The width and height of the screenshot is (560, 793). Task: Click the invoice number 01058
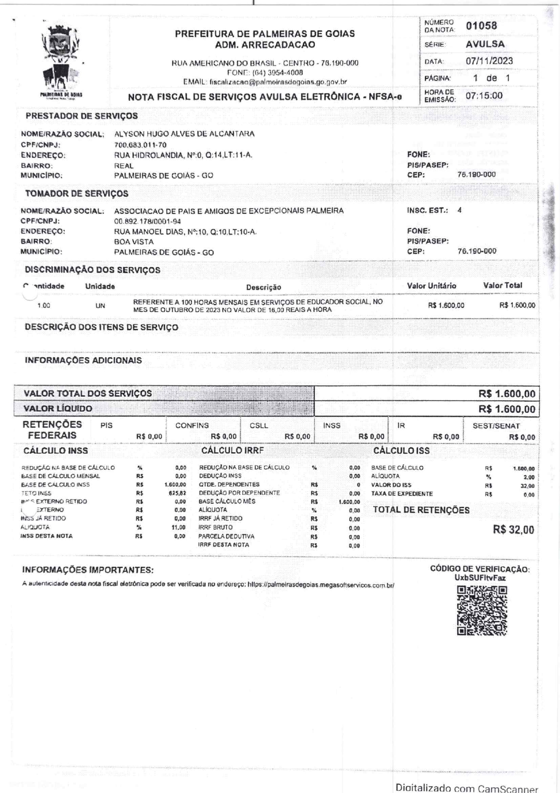(481, 26)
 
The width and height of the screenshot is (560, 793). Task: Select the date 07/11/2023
(489, 61)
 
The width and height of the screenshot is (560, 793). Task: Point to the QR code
(482, 610)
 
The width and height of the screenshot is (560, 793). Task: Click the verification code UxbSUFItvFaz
(480, 578)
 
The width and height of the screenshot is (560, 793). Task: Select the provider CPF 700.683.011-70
(140, 145)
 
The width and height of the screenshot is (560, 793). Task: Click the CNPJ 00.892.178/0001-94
(148, 221)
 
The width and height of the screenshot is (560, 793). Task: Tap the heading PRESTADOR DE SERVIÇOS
(82, 116)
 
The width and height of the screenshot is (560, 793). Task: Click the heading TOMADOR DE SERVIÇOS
(77, 193)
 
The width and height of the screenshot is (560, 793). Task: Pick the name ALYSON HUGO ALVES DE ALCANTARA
(184, 134)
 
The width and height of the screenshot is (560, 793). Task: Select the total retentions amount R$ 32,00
(513, 530)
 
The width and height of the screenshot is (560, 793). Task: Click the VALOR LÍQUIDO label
(58, 408)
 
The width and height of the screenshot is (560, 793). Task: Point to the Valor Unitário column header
(431, 286)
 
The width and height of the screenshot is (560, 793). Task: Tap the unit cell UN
(100, 306)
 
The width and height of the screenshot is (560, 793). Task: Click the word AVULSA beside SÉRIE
(485, 44)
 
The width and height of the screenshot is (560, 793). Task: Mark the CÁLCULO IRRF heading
(232, 450)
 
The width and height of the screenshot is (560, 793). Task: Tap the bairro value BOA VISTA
(134, 242)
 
